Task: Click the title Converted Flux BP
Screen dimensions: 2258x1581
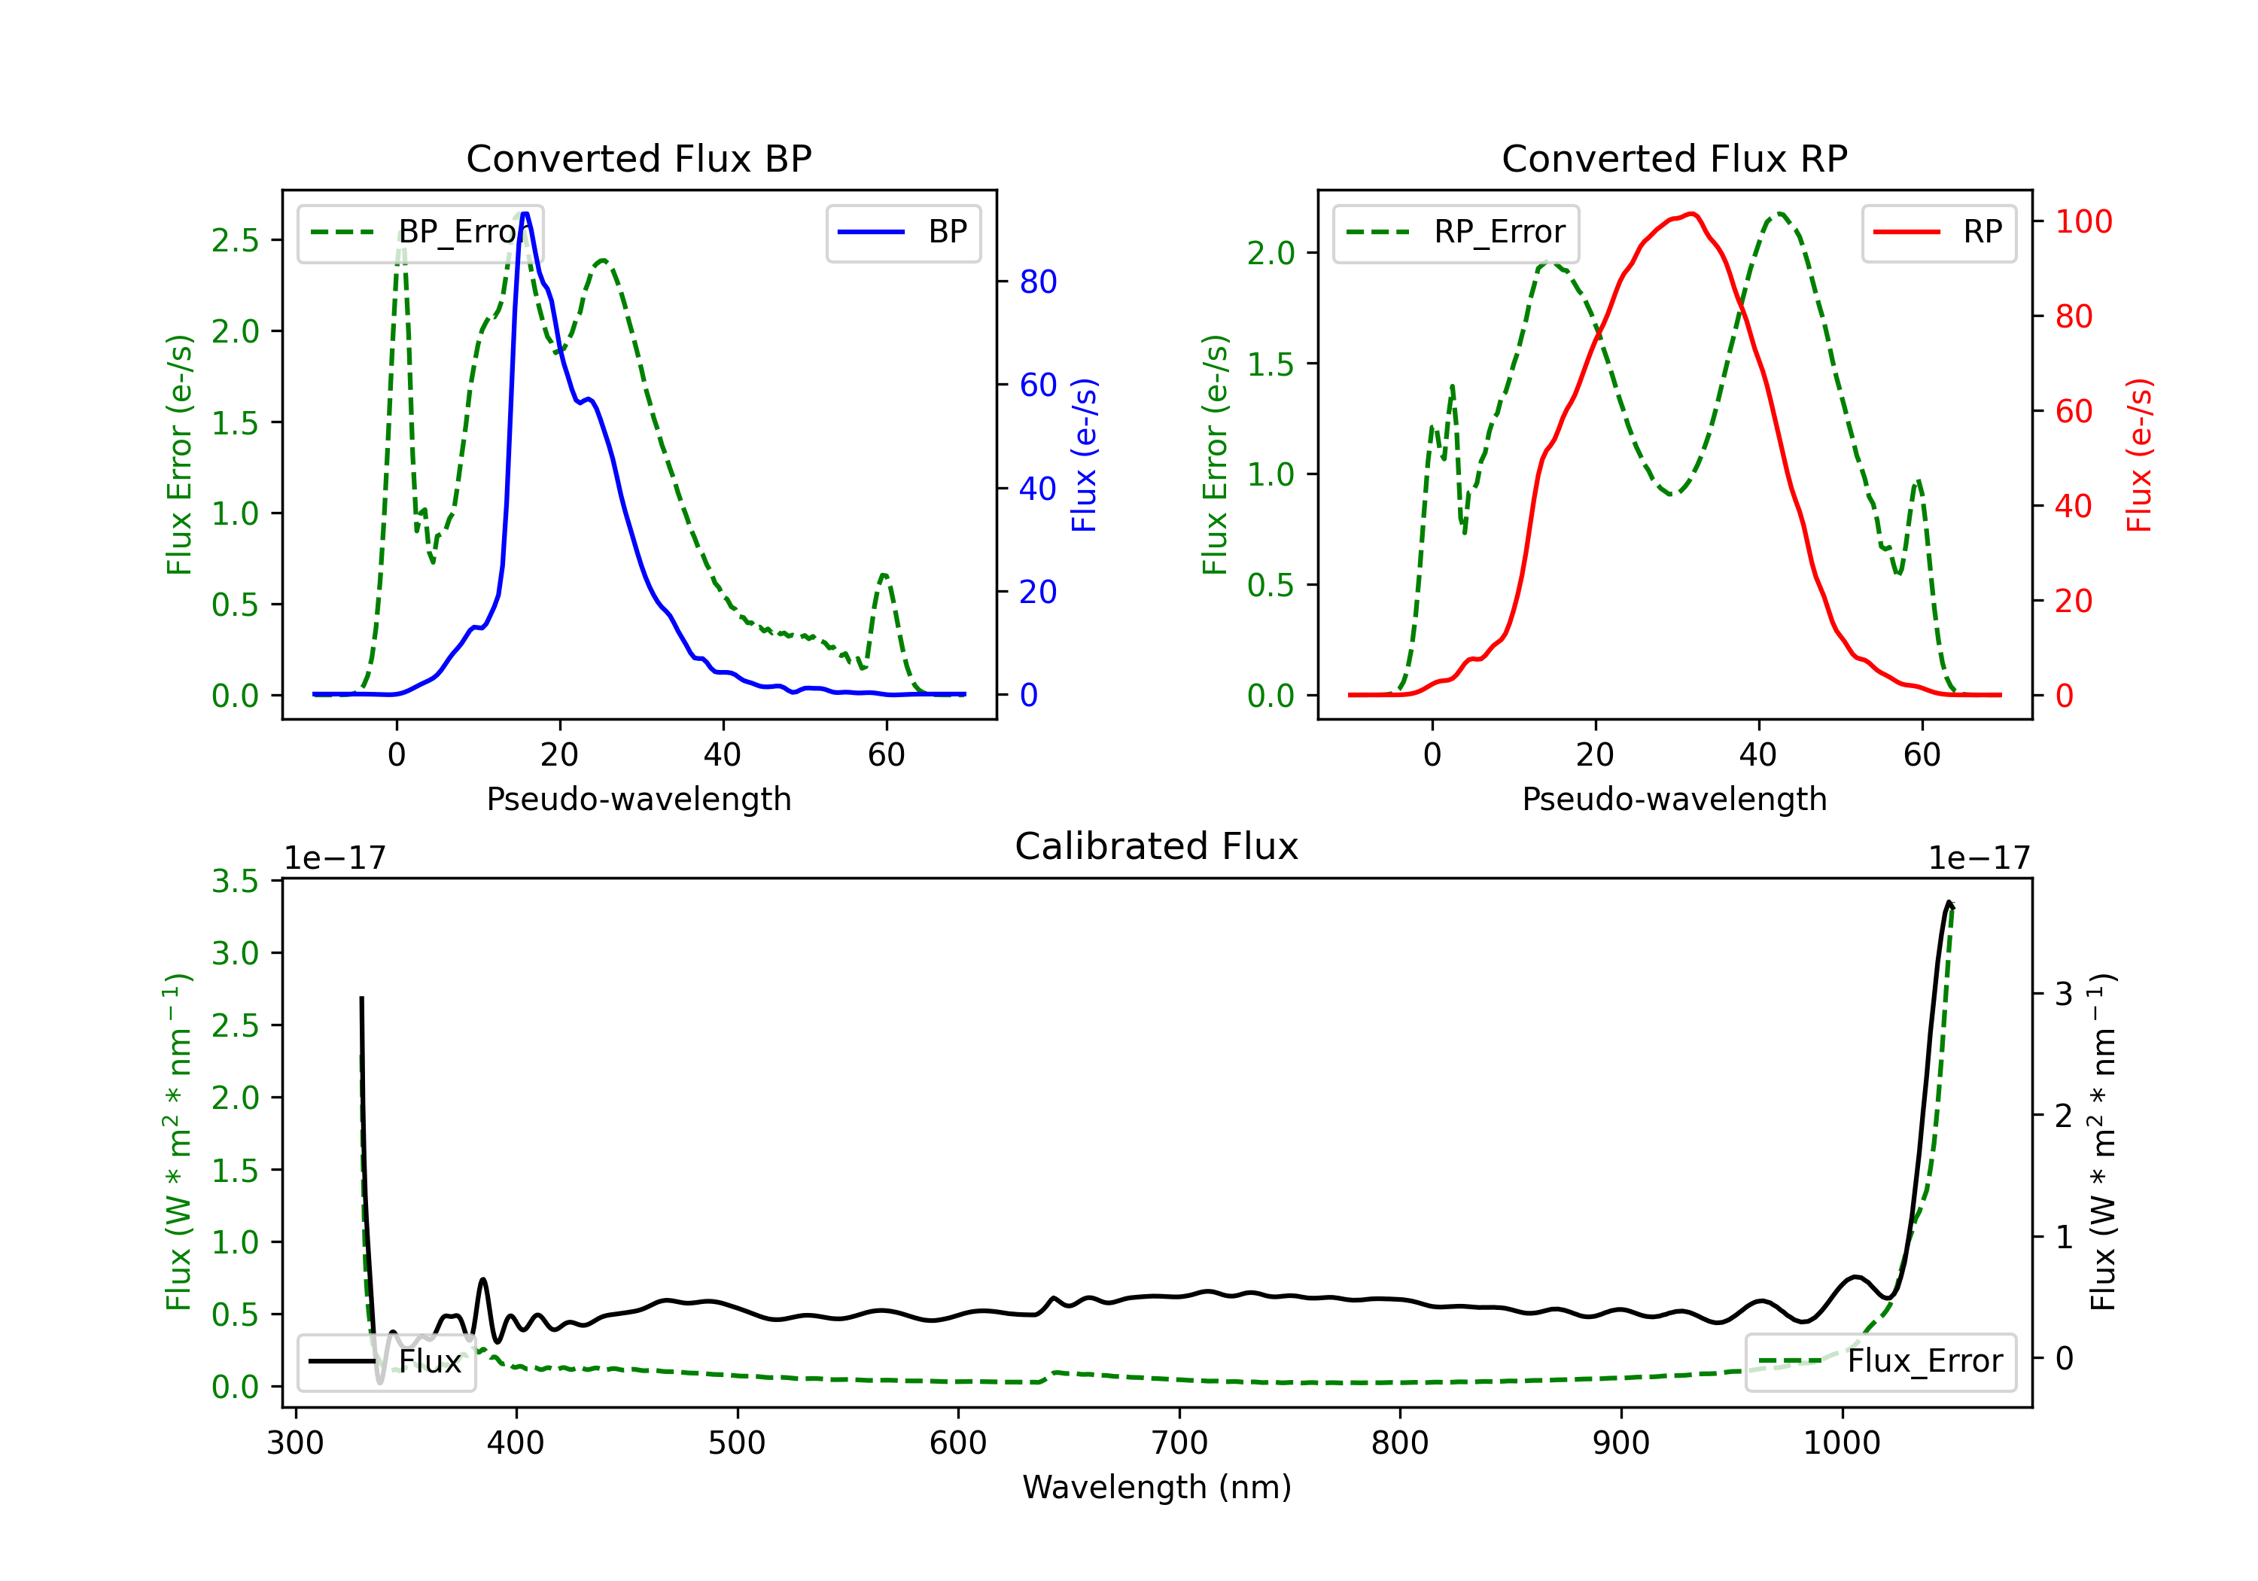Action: click(639, 158)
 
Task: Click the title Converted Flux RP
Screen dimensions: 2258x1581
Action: click(1675, 158)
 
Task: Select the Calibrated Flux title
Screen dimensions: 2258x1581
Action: click(1157, 846)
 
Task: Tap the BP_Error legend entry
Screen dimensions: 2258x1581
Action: click(421, 232)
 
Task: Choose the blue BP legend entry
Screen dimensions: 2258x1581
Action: click(902, 232)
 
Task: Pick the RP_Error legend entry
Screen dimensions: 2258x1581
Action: click(1456, 232)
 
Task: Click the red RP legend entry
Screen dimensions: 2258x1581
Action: click(1938, 232)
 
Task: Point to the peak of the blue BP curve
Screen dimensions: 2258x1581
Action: click(525, 214)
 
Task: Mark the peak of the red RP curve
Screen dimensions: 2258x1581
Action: click(1691, 214)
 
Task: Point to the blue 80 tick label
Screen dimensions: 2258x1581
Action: click(1039, 282)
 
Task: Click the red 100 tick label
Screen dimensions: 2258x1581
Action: click(2084, 221)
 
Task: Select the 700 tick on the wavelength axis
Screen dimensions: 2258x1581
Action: click(1179, 1442)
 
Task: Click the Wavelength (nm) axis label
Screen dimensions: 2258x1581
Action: click(1157, 1487)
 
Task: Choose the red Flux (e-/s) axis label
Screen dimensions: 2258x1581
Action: click(2139, 455)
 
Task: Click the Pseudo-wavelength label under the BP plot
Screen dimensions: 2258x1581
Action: click(639, 799)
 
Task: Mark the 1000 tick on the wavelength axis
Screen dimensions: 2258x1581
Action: click(1842, 1442)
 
